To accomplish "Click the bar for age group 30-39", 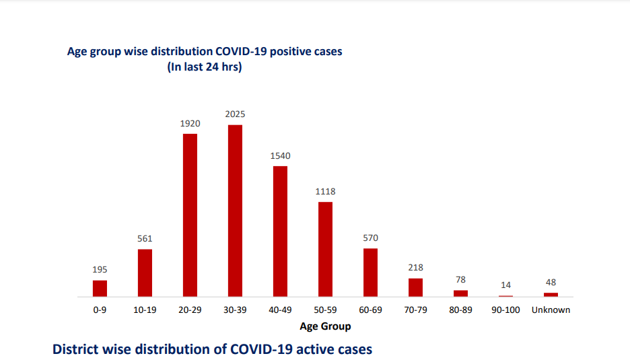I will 235,211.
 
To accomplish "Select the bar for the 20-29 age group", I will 190,215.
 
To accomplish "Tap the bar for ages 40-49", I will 280,231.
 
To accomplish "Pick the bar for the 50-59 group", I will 325,249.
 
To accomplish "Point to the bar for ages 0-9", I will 100,289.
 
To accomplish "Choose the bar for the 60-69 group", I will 370,273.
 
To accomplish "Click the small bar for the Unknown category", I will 551,294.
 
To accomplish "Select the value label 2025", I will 235,115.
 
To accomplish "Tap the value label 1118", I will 325,192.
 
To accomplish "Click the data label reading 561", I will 145,239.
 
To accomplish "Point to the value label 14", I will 505,285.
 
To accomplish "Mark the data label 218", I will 415,268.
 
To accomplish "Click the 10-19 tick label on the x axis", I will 145,310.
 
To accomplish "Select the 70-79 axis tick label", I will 415,310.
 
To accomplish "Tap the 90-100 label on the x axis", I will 505,310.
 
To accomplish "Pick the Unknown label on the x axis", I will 551,310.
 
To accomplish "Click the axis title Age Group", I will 325,326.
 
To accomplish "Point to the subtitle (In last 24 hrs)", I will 205,67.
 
